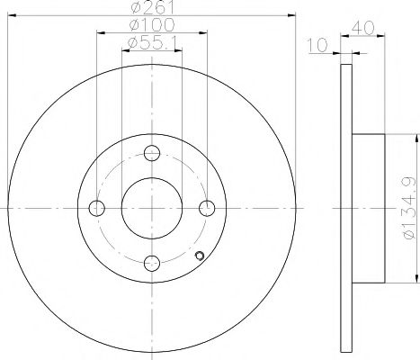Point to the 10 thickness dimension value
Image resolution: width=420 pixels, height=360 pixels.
coord(316,44)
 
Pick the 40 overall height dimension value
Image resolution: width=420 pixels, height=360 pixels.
coord(363,28)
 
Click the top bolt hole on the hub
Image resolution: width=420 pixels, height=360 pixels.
coord(153,153)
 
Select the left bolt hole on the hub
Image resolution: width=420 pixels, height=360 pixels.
coord(97,209)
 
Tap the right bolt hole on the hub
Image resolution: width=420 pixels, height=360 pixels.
coord(209,209)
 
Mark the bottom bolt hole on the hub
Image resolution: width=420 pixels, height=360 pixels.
coord(153,264)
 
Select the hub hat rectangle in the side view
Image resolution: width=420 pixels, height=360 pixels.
coord(368,208)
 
